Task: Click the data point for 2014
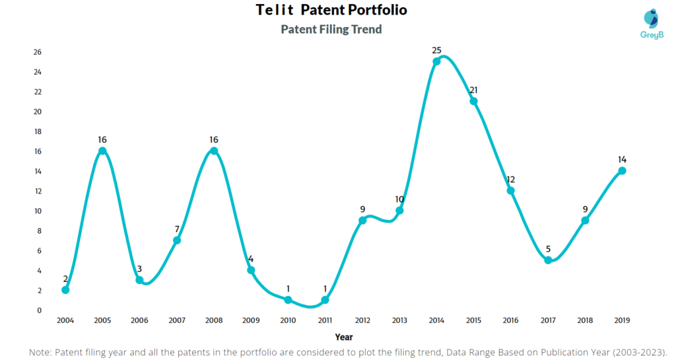coord(436,61)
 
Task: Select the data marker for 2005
coord(102,151)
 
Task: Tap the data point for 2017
coord(548,260)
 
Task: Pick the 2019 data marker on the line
coord(622,170)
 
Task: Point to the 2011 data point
coord(325,300)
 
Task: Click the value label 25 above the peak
coord(436,50)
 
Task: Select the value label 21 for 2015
coord(473,90)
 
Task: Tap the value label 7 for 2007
coord(177,229)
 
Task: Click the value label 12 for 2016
coord(510,179)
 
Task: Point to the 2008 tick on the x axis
coord(213,320)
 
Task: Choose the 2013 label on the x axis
coord(399,320)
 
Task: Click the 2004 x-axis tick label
coord(65,320)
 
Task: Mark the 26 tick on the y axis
coord(38,52)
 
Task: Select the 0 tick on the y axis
coord(40,310)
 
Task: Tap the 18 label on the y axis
coord(38,131)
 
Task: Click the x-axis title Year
coord(344,336)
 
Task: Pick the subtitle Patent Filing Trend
coord(331,29)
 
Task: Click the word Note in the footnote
coord(40,352)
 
